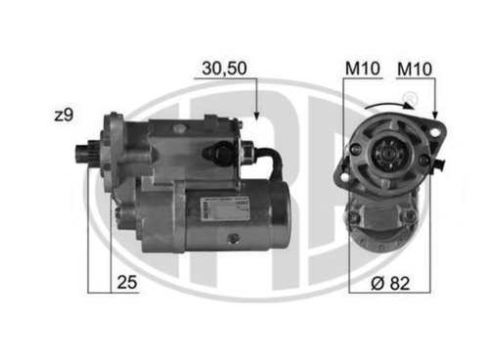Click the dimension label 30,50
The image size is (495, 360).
point(224,68)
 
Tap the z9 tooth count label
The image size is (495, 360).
point(64,115)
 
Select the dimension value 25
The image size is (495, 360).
point(127,283)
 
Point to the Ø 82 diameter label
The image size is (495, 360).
point(390,284)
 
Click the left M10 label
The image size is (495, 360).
point(362,68)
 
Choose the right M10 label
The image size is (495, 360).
point(415,69)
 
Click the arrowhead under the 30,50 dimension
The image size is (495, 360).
point(256,115)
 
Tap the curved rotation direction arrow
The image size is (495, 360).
point(387,106)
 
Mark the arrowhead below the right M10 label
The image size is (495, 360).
point(434,115)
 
